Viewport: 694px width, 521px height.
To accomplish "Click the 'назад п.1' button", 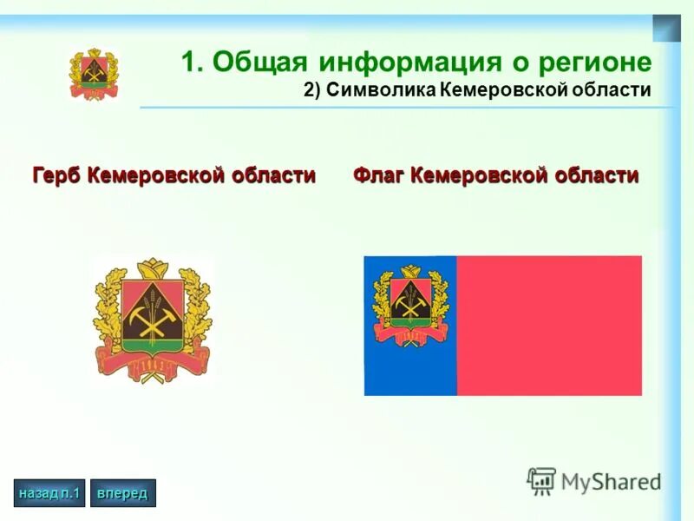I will point(49,493).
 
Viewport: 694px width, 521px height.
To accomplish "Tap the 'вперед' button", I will point(122,493).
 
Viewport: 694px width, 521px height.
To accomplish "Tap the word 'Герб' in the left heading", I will point(58,175).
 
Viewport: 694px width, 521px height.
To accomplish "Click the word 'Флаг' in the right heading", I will point(379,175).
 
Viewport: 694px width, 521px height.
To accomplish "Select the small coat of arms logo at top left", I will point(94,74).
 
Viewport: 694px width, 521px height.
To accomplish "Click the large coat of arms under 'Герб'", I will point(153,320).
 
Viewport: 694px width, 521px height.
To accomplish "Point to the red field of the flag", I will point(549,326).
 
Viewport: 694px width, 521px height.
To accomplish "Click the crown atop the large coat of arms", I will point(153,267).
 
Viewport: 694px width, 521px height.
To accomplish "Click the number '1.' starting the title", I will point(193,63).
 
